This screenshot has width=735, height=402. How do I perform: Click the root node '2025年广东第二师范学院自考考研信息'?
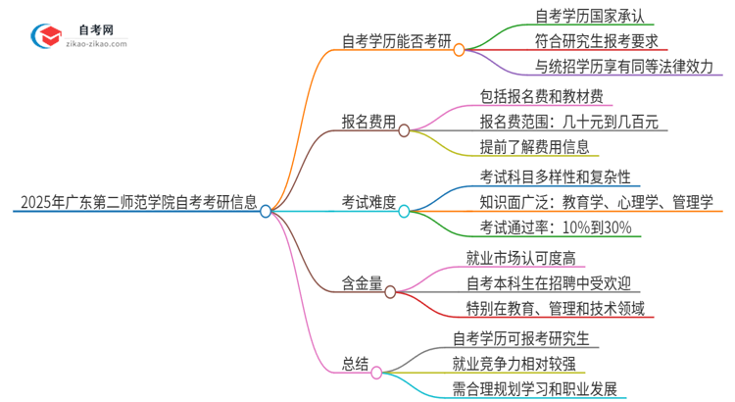(138, 204)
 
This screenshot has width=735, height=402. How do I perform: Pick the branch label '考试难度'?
(368, 204)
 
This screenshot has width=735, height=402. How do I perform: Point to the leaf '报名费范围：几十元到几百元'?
(561, 123)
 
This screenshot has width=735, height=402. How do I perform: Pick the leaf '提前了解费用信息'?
(533, 148)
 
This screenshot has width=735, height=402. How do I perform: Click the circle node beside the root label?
(266, 210)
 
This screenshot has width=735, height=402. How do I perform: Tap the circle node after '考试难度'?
(404, 210)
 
